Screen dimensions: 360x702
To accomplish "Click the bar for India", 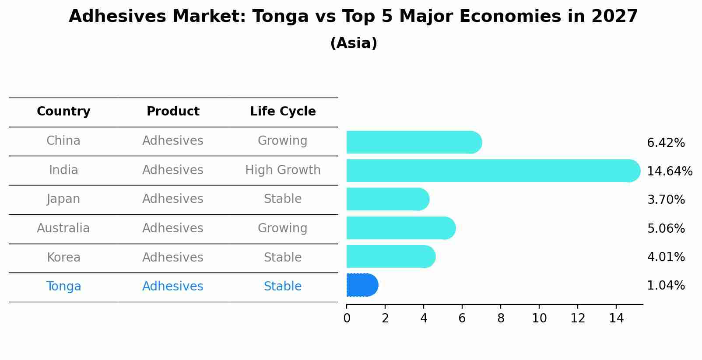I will (493, 171).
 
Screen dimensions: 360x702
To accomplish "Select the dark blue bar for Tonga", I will (362, 285).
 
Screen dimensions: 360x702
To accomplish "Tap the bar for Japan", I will (387, 199).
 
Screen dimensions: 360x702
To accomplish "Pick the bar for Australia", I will (400, 228).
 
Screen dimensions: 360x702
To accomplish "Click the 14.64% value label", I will (669, 171).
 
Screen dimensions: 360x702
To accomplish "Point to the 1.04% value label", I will (666, 286).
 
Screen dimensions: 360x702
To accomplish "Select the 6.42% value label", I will (666, 143).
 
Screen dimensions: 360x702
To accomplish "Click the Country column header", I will (63, 112).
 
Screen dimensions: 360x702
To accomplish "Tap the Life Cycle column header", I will (283, 112).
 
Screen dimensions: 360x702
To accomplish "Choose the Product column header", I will (173, 112).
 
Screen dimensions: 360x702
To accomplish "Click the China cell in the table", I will (63, 141).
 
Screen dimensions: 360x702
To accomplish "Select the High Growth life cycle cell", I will (283, 170).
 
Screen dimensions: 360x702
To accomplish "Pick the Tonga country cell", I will (63, 287).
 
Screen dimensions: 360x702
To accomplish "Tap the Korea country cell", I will (63, 257).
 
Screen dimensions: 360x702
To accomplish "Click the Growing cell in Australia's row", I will (283, 228).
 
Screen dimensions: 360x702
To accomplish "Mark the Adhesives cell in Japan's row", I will (173, 199).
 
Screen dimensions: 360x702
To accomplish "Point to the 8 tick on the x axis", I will (501, 318).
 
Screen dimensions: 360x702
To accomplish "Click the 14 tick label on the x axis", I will (616, 318).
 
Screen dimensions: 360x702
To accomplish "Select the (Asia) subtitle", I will (354, 43).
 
